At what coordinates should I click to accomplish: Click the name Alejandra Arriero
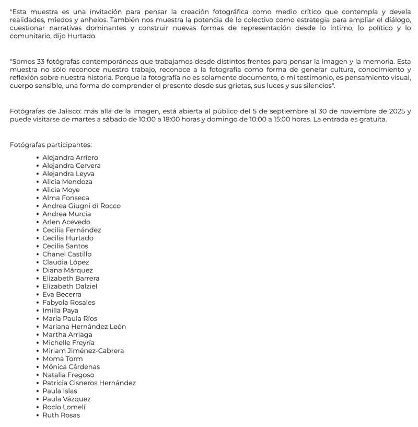click(x=70, y=158)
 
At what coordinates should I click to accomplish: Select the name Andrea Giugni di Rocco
click(x=82, y=206)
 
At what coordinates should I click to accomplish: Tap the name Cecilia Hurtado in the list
click(x=68, y=238)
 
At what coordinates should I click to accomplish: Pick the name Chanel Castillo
click(x=67, y=255)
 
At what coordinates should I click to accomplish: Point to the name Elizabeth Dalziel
click(x=70, y=286)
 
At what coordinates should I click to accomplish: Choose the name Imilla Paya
click(x=60, y=311)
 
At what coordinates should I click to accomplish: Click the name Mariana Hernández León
click(x=84, y=327)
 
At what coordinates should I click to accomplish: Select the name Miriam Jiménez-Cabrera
click(x=83, y=351)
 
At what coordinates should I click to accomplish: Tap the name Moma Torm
click(x=63, y=359)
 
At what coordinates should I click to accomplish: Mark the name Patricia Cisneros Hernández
click(x=89, y=383)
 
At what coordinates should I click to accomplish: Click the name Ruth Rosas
click(x=61, y=416)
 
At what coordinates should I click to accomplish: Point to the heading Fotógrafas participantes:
click(x=51, y=145)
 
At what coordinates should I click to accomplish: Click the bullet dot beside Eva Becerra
click(x=38, y=295)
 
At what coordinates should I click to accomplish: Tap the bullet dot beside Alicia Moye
click(x=38, y=190)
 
